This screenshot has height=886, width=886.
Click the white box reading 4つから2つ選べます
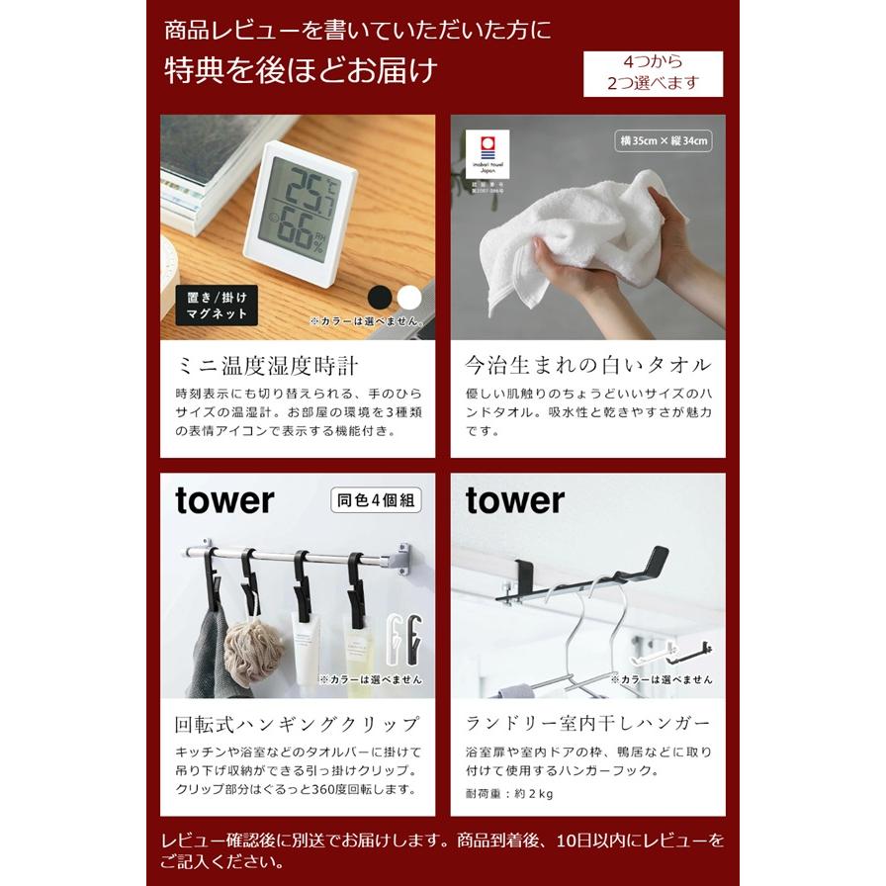pyautogui.click(x=653, y=73)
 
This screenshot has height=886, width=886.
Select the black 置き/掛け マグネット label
pyautogui.click(x=217, y=305)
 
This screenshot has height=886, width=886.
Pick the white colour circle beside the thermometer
pyautogui.click(x=409, y=296)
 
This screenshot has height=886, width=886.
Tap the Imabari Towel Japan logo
pyautogui.click(x=487, y=158)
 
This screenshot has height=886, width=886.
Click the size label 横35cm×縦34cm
pyautogui.click(x=664, y=140)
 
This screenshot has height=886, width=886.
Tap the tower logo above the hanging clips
pyautogui.click(x=224, y=501)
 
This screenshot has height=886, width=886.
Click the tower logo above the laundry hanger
pyautogui.click(x=514, y=501)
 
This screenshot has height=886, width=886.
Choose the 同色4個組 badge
pyautogui.click(x=376, y=501)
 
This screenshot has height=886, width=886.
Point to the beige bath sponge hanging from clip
pyautogui.click(x=253, y=648)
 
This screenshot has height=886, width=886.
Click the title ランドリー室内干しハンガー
pyautogui.click(x=587, y=724)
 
